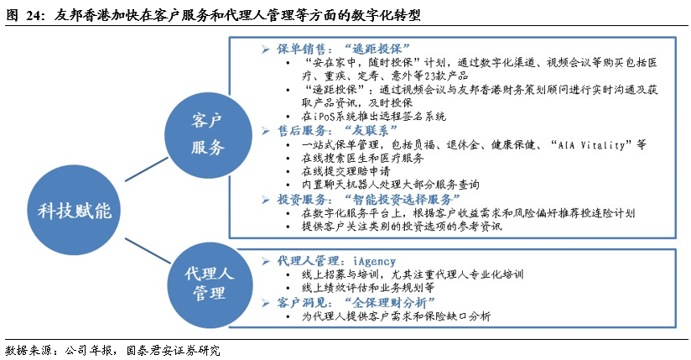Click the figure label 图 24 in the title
click(x=22, y=15)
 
